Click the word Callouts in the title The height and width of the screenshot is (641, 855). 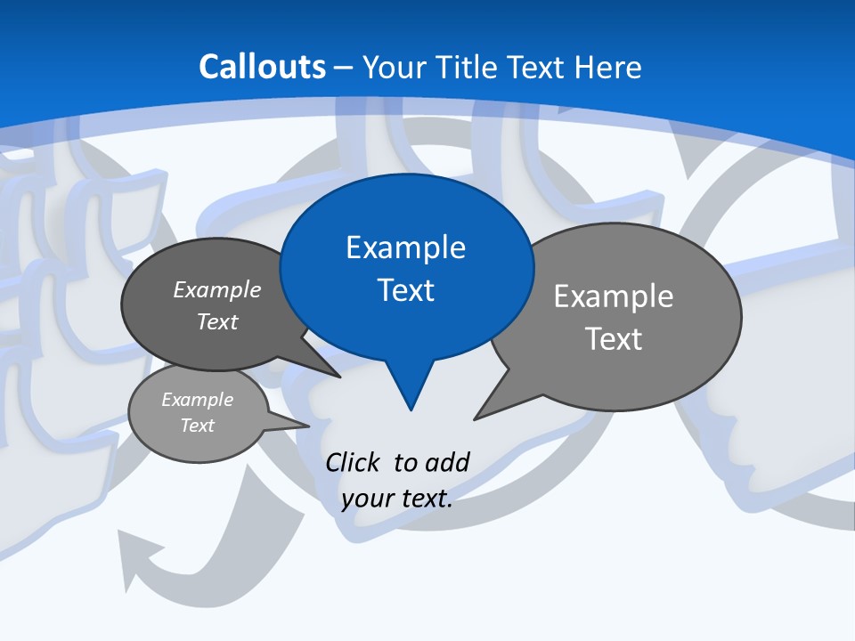(262, 67)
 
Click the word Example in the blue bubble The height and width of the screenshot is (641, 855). (406, 247)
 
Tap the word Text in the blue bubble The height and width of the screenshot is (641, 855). (406, 290)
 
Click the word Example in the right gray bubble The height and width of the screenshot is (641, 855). (614, 296)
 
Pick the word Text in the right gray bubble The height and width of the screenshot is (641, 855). (614, 339)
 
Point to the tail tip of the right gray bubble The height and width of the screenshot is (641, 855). (476, 418)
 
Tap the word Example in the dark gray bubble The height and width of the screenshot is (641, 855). (217, 289)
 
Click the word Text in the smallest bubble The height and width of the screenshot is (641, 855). (197, 426)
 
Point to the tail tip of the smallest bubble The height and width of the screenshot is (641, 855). (307, 426)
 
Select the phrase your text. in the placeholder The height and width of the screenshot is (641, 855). (396, 499)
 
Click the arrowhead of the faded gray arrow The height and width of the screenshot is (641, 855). (134, 556)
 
